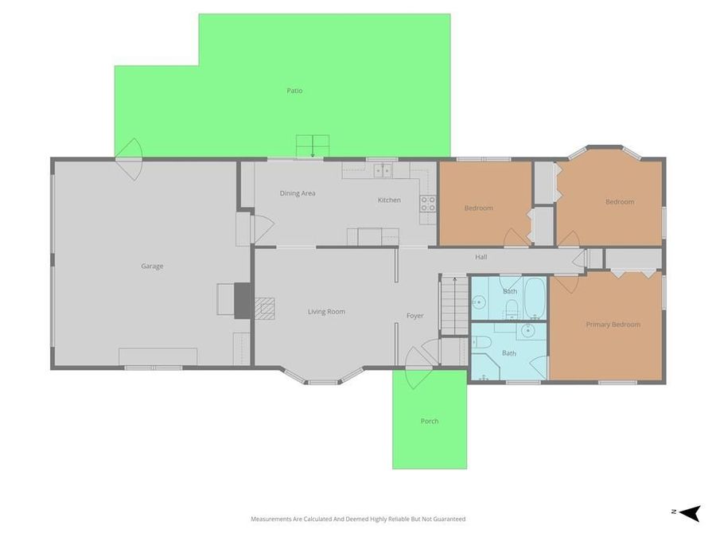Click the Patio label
(294, 91)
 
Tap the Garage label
(152, 266)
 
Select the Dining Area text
(298, 193)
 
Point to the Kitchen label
(389, 200)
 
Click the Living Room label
(326, 311)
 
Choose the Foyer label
(415, 316)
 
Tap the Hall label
(481, 257)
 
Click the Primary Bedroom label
(613, 325)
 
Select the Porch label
(430, 421)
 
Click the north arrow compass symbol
(690, 513)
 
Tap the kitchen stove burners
(428, 204)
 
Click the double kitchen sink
(383, 171)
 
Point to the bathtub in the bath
(534, 298)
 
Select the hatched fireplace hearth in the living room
(265, 308)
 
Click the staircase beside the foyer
(455, 305)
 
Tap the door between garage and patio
(129, 159)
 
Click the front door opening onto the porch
(418, 368)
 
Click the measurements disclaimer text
(358, 519)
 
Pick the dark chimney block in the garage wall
(242, 301)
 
